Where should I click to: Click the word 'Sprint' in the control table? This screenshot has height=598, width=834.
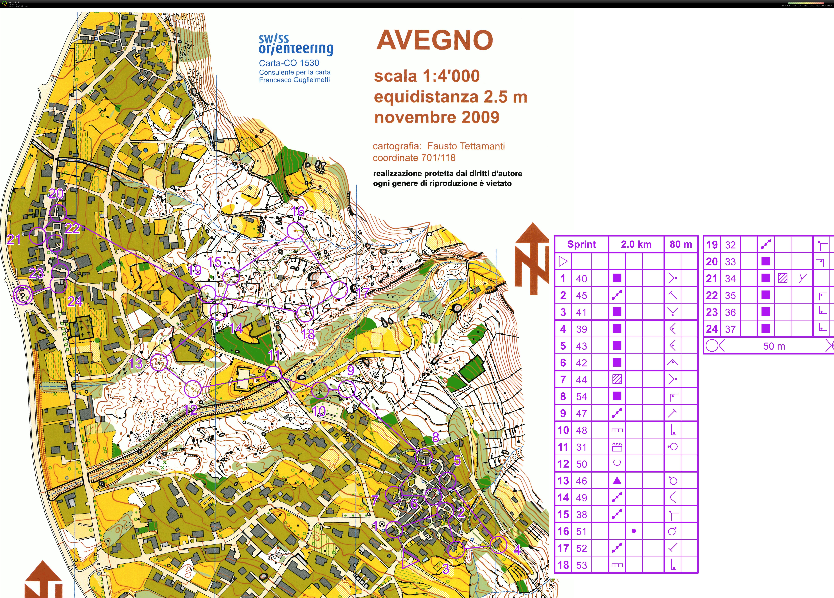pos(581,244)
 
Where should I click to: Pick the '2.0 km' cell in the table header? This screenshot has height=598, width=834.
pos(636,244)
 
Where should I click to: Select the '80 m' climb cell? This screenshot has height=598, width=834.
pos(681,244)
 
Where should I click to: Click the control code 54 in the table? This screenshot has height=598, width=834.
pos(581,396)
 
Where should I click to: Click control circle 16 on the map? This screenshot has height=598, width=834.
pos(295,231)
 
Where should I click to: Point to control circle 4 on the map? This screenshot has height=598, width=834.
pos(498,544)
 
